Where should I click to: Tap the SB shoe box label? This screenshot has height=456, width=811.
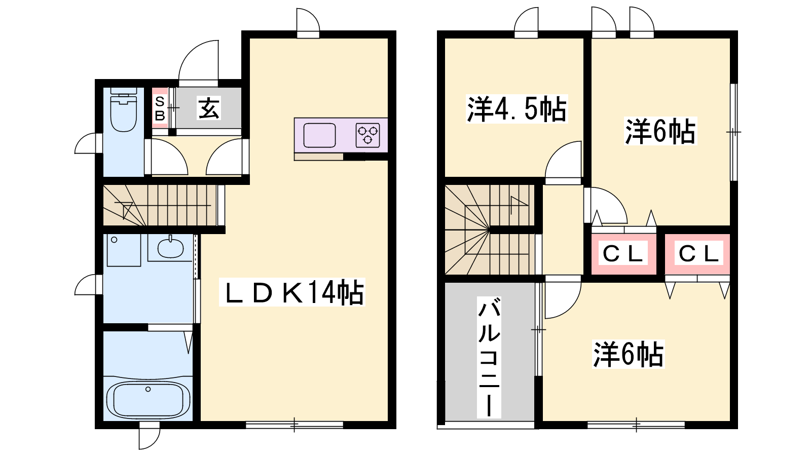[x=160, y=109]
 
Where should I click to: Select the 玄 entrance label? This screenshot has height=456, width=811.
[x=209, y=108]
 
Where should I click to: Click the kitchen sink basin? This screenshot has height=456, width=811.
[x=319, y=135]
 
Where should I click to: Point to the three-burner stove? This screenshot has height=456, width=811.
[x=368, y=135]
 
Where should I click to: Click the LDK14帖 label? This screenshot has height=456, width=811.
[x=292, y=292]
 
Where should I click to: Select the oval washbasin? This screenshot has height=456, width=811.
[x=170, y=248]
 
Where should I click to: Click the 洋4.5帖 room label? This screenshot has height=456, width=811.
[x=516, y=109]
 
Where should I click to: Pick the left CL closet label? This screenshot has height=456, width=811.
[x=623, y=254]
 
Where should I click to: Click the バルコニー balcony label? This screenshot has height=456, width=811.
[x=489, y=357]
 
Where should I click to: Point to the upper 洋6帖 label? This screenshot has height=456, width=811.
[x=660, y=131]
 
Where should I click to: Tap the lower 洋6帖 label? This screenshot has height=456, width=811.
[x=628, y=354]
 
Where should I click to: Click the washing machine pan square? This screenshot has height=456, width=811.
[x=123, y=250]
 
